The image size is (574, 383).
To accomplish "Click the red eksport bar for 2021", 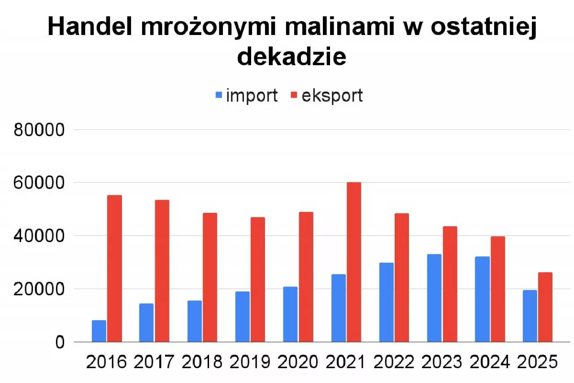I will click(x=353, y=262).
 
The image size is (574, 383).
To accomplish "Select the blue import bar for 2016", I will click(x=99, y=331).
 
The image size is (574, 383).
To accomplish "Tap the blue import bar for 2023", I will click(x=434, y=298).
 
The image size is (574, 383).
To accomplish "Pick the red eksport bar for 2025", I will click(x=545, y=307).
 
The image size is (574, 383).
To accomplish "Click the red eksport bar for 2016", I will click(x=114, y=269).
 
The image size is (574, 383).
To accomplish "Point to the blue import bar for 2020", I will click(x=290, y=314).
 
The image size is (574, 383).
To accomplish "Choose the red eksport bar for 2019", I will click(x=257, y=279).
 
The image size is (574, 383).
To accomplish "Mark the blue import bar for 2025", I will click(x=530, y=316).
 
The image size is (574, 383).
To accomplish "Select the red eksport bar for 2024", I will click(x=497, y=289).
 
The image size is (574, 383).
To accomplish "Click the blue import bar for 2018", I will click(x=195, y=321).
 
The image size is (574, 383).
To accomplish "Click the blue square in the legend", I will click(x=219, y=95).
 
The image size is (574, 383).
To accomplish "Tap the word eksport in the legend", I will click(x=332, y=96).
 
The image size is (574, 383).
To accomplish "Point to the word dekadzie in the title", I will click(x=291, y=57).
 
